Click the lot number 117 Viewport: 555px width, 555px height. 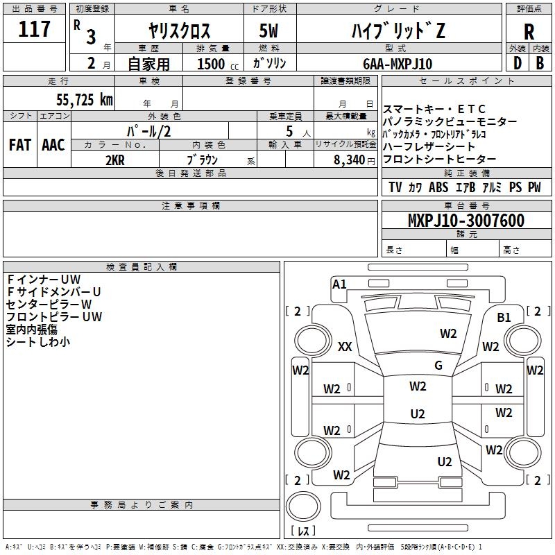(x=35, y=29)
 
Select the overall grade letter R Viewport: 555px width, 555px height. (x=529, y=32)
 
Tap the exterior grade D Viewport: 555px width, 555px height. (x=517, y=63)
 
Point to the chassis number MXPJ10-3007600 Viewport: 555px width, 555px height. (x=466, y=221)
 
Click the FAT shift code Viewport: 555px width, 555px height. (x=20, y=144)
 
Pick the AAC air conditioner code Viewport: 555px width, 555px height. (x=53, y=144)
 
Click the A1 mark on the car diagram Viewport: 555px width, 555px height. (x=339, y=284)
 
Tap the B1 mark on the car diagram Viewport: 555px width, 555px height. (x=504, y=318)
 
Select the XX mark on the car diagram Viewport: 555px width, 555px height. (x=345, y=347)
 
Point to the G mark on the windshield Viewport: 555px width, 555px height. (x=438, y=365)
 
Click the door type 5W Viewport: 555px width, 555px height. (x=270, y=32)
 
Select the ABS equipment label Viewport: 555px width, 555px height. (x=438, y=187)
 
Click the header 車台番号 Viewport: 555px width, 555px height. (x=466, y=206)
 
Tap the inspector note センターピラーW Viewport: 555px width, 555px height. (x=49, y=304)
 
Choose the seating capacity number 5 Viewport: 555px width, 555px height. (x=287, y=132)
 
